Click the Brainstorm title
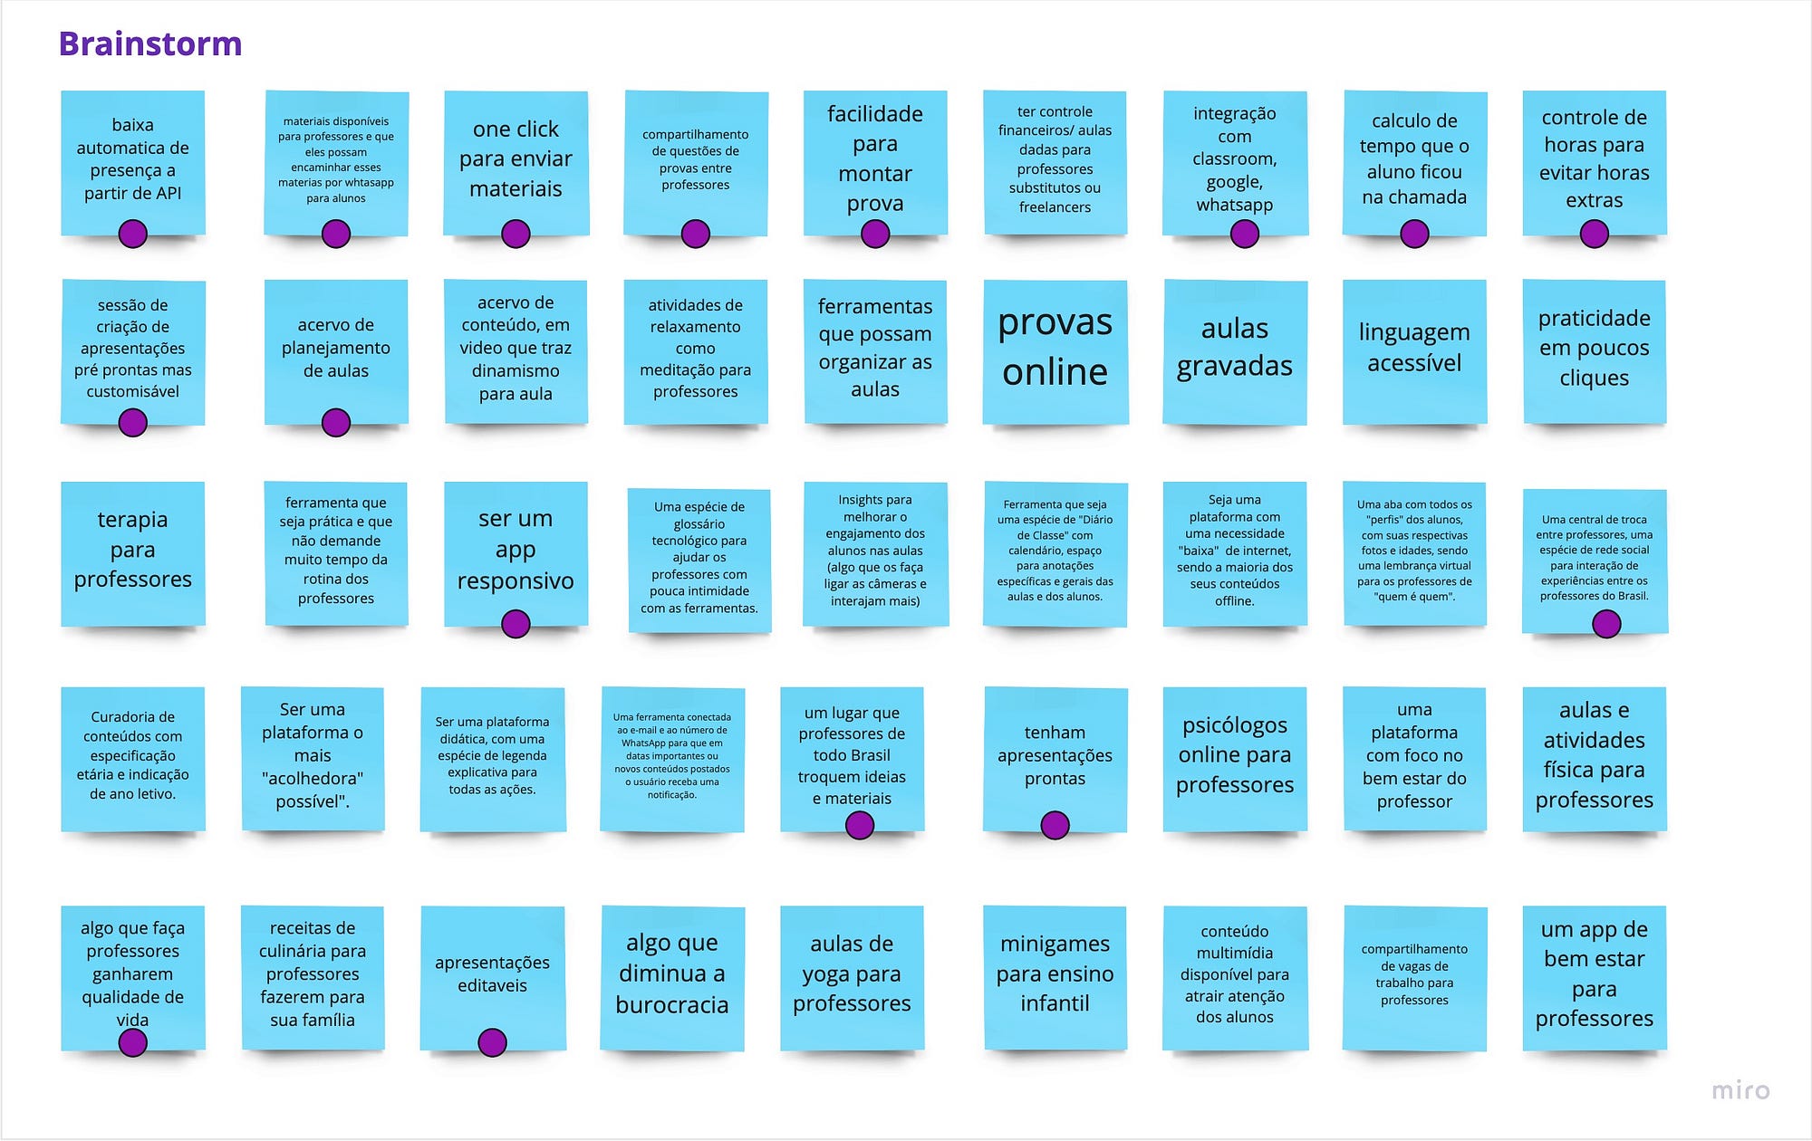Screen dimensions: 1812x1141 pyautogui.click(x=150, y=43)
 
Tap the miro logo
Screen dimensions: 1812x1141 pyautogui.click(x=1740, y=1090)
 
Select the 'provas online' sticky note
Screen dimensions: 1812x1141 pyautogui.click(x=1055, y=352)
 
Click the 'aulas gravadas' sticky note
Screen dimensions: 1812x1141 pyautogui.click(x=1235, y=352)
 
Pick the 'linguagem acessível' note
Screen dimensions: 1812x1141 pyautogui.click(x=1414, y=352)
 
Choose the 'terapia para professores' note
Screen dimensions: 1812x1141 pyautogui.click(x=133, y=553)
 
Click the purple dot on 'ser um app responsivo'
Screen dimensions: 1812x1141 pyautogui.click(x=516, y=624)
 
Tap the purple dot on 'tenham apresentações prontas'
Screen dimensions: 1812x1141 pyautogui.click(x=1055, y=825)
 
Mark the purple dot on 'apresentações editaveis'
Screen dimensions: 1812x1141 pyautogui.click(x=492, y=1042)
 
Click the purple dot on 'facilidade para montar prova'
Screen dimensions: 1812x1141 pyautogui.click(x=875, y=235)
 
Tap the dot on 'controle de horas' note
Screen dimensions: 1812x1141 pyautogui.click(x=1594, y=235)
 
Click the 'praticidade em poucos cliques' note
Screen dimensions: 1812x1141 pyautogui.click(x=1595, y=352)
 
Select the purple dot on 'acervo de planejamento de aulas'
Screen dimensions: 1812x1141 pyautogui.click(x=336, y=423)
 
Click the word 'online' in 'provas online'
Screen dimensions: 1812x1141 pyautogui.click(x=1055, y=371)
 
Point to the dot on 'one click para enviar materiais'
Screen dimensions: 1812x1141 pyautogui.click(x=516, y=235)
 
